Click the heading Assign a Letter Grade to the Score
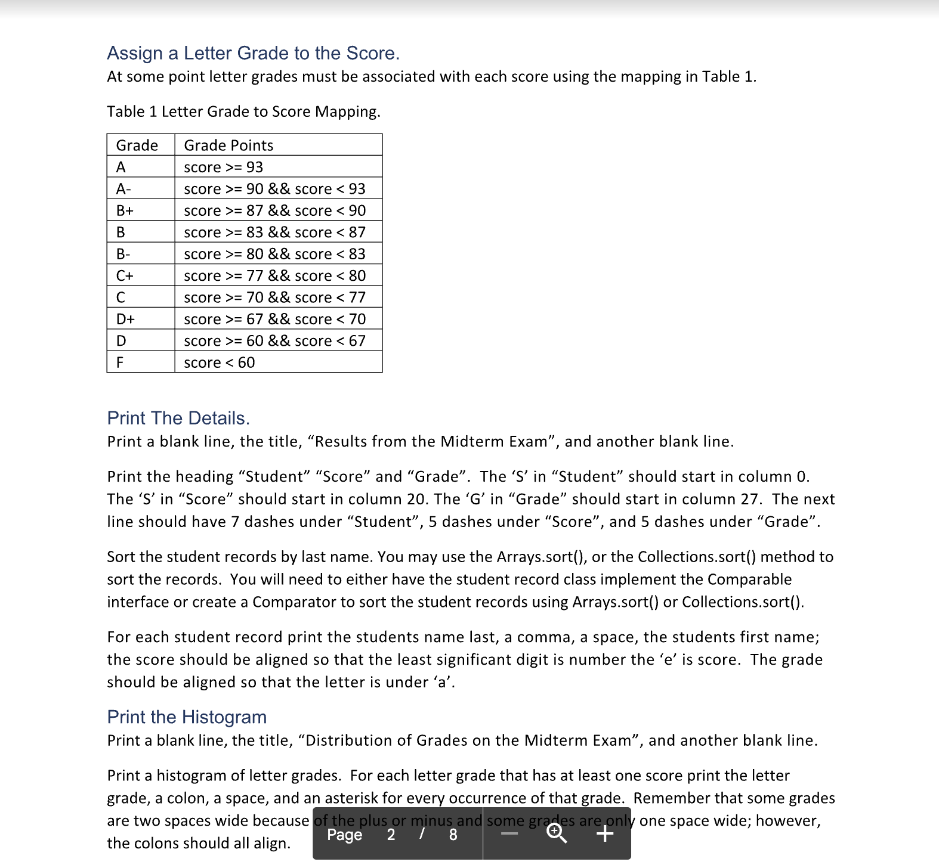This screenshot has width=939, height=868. (253, 53)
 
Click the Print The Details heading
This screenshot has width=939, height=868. (178, 418)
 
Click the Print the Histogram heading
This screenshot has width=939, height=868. (187, 717)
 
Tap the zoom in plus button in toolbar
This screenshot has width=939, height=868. (605, 833)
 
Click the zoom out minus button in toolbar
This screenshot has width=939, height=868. (509, 833)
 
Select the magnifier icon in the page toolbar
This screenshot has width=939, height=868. (557, 833)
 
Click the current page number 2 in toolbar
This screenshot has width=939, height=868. (391, 835)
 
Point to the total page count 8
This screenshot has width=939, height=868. (453, 835)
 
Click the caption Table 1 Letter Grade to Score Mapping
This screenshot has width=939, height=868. (243, 111)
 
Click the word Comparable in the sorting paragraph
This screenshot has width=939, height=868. (749, 579)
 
